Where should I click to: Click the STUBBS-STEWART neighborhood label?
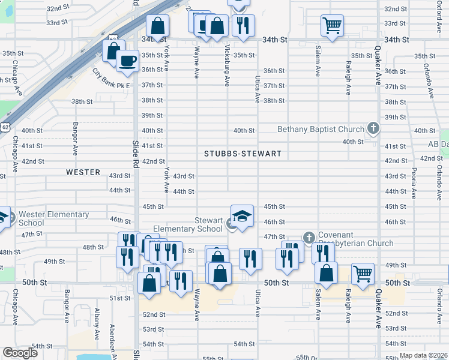243,154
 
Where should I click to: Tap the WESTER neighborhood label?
83,172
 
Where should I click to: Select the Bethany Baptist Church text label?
321,129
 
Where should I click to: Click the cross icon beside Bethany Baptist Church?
373,128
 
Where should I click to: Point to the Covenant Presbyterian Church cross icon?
309,238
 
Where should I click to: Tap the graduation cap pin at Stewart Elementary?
242,216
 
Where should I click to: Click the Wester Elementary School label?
53,218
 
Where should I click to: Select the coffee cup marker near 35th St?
127,62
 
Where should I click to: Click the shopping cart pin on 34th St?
332,26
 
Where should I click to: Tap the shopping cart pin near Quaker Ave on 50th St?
363,274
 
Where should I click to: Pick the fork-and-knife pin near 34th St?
243,26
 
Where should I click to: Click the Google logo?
20,353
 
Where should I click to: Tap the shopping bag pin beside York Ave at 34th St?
157,26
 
